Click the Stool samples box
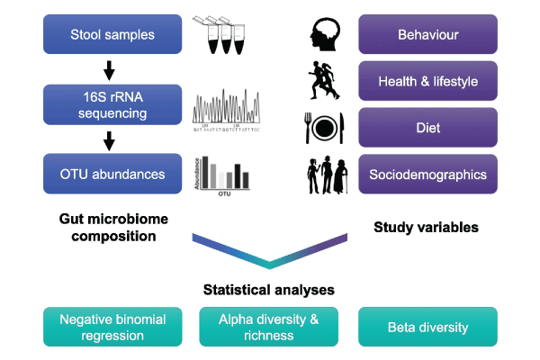pyautogui.click(x=112, y=34)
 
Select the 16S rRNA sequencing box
pyautogui.click(x=112, y=103)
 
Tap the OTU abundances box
pyautogui.click(x=112, y=173)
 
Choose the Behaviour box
pyautogui.click(x=427, y=34)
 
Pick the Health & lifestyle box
pyautogui.click(x=427, y=81)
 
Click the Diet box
pyautogui.click(x=427, y=127)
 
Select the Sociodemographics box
pyautogui.click(x=427, y=174)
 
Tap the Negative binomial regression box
pyautogui.click(x=112, y=327)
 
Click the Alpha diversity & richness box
pyautogui.click(x=269, y=327)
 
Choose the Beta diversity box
pyautogui.click(x=427, y=327)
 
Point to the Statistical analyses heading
pyautogui.click(x=269, y=290)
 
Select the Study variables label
pyautogui.click(x=426, y=228)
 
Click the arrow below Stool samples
pyautogui.click(x=110, y=68)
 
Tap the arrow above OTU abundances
pyautogui.click(x=110, y=139)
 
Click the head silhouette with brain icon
pyautogui.click(x=324, y=34)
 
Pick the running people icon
pyautogui.click(x=324, y=80)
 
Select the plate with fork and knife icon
pyautogui.click(x=324, y=127)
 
